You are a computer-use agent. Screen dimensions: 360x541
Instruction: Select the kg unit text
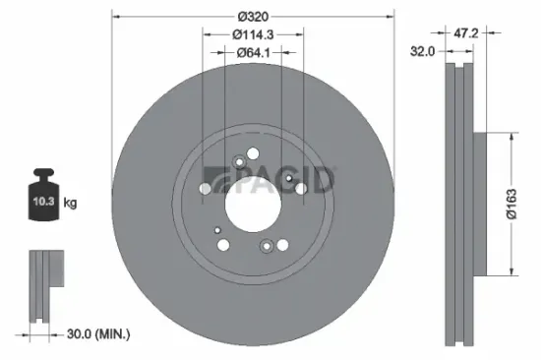[70, 203]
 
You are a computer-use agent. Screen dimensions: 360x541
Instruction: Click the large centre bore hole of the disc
[254, 202]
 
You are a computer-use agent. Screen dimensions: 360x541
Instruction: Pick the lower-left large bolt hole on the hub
[224, 244]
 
